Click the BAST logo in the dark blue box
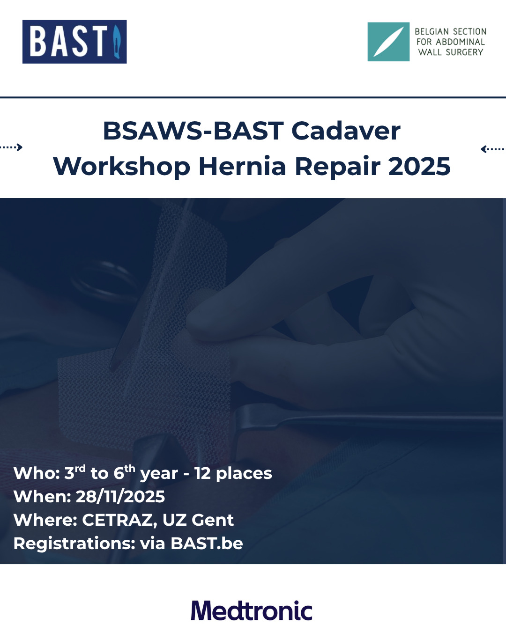[74, 42]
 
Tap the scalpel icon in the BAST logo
[117, 42]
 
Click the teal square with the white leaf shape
[388, 42]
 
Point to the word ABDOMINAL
[460, 42]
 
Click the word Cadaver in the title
[346, 131]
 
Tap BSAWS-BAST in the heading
[193, 131]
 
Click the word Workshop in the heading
[122, 167]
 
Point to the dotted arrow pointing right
[11, 147]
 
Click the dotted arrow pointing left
[493, 149]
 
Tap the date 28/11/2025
[120, 497]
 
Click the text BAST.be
[207, 544]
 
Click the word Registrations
[74, 544]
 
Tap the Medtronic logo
[252, 610]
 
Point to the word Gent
[213, 520]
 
